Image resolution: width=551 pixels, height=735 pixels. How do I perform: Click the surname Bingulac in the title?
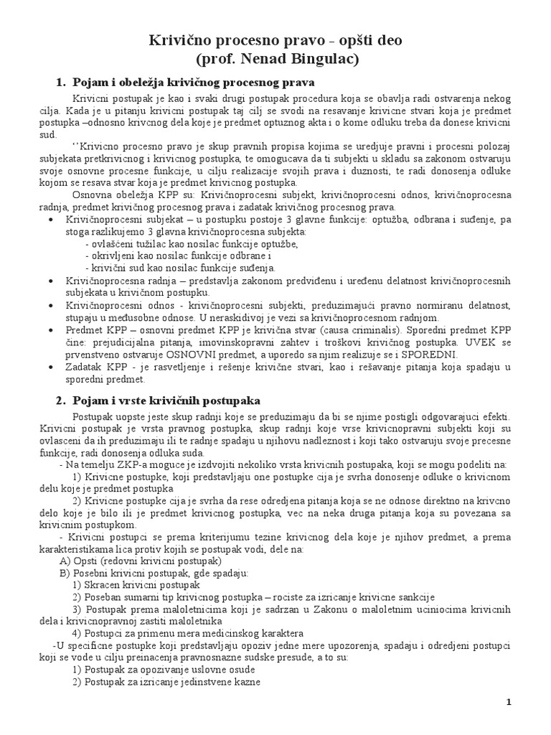click(316, 58)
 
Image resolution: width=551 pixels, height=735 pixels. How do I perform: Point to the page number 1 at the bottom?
click(508, 703)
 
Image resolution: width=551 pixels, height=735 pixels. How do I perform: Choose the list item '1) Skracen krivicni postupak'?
click(136, 585)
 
